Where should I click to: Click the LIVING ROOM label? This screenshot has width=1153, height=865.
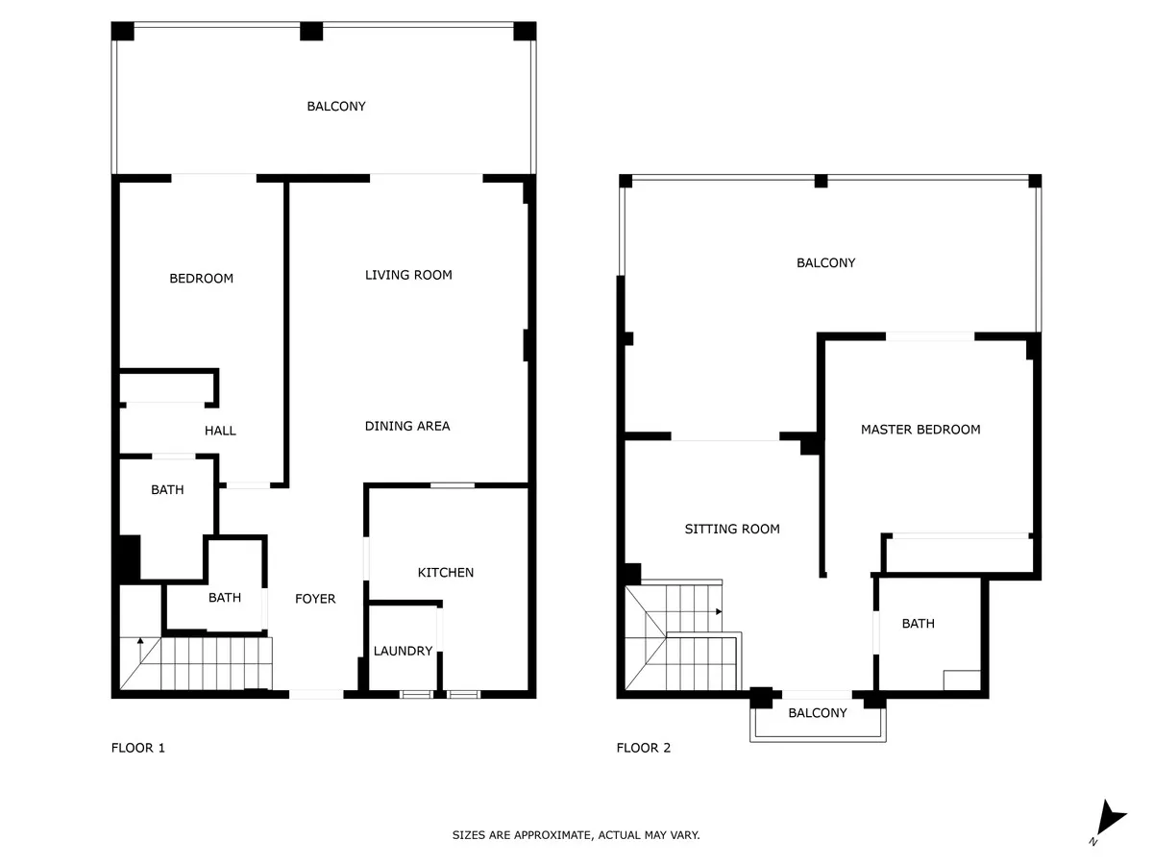(x=408, y=275)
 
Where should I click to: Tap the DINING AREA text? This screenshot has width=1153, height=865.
(x=407, y=426)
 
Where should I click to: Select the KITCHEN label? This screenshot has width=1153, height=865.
(x=446, y=573)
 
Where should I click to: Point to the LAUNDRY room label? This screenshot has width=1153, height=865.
(x=403, y=651)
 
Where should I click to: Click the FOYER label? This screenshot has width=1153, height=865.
(x=315, y=599)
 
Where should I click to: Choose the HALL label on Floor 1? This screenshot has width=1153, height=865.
(x=220, y=431)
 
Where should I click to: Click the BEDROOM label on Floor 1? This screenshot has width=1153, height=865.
(x=201, y=279)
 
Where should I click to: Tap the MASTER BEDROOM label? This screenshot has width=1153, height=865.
(x=920, y=430)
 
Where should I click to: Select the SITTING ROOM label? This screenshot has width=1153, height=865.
(x=732, y=529)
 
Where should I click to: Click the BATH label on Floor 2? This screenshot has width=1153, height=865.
(x=919, y=624)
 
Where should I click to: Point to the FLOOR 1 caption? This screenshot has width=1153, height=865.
(x=138, y=748)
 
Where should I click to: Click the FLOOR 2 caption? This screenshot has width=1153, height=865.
(x=644, y=748)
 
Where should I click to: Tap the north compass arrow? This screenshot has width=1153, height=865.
(x=1110, y=818)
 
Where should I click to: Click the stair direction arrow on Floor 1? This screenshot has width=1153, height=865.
(x=140, y=649)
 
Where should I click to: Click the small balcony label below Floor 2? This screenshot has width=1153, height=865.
(x=818, y=713)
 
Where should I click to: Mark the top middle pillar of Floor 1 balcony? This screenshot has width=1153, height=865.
(x=311, y=31)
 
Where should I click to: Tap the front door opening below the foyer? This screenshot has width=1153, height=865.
(x=316, y=694)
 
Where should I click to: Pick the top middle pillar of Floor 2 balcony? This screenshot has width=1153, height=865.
(x=821, y=182)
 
